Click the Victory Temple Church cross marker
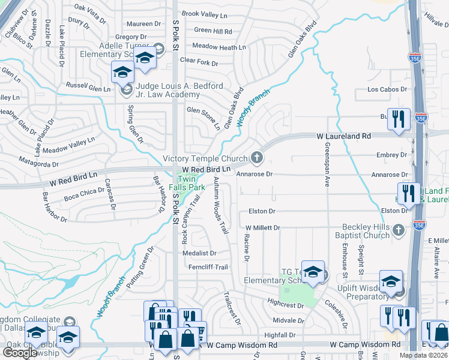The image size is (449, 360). point(257,158)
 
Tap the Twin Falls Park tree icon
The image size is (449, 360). point(184,174)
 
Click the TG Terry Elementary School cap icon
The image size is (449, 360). point(312,274)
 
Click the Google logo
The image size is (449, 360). point(20,352)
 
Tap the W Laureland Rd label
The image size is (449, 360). point(344,137)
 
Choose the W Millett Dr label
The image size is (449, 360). point(263,228)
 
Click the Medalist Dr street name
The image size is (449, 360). point(199,253)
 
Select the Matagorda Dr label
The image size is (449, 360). point(38,163)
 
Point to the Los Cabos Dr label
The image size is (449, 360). point(387,90)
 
